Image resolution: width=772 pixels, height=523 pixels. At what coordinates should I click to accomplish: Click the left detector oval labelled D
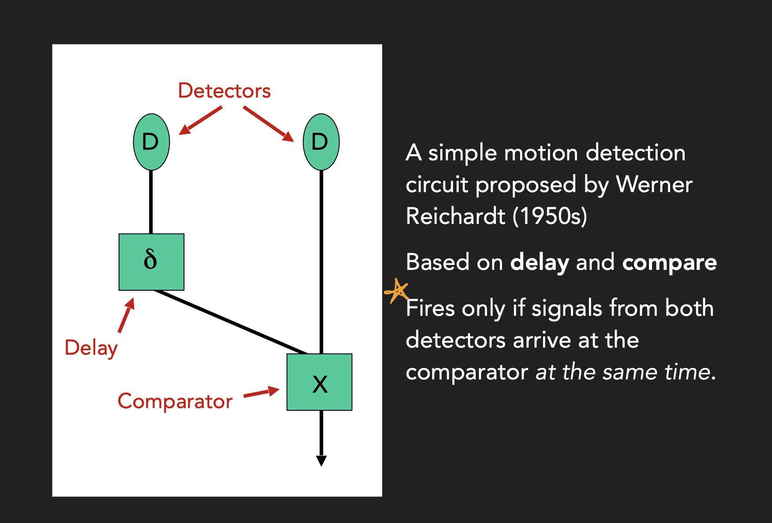(x=151, y=142)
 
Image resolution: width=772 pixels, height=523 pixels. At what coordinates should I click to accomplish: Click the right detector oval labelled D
(x=321, y=142)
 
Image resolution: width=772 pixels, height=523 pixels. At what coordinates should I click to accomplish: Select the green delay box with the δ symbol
(x=151, y=261)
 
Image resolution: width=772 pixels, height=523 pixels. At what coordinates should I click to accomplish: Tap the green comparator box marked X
(x=319, y=382)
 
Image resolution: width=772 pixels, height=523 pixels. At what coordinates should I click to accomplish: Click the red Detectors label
(x=224, y=91)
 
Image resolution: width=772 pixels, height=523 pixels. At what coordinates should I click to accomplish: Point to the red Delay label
(x=91, y=348)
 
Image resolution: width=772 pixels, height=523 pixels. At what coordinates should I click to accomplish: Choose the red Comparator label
(x=175, y=402)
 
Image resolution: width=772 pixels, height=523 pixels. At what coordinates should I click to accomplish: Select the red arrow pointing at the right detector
(x=268, y=124)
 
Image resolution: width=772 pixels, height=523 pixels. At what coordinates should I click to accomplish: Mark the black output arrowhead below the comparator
(x=321, y=461)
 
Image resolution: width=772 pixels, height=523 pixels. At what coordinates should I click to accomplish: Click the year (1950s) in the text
(x=550, y=216)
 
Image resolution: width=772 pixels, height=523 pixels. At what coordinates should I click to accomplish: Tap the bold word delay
(x=539, y=262)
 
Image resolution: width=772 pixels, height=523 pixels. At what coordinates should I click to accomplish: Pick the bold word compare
(x=669, y=262)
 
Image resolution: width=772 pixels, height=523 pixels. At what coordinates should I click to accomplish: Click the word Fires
(x=430, y=308)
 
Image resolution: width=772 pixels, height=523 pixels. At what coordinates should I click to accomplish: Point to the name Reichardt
(x=455, y=216)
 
